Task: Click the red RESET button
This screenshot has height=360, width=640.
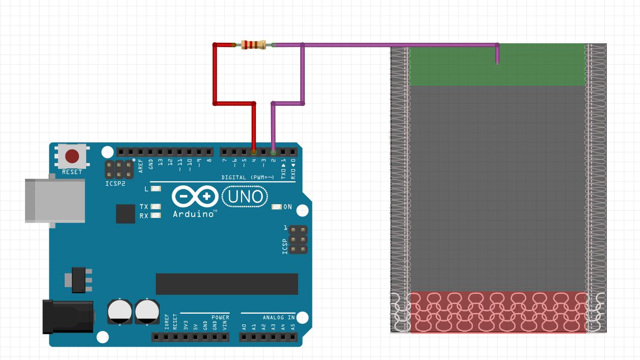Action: [x=72, y=156]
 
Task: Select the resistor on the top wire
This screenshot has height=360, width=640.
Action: [x=253, y=45]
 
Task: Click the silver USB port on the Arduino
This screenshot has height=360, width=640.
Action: [x=55, y=200]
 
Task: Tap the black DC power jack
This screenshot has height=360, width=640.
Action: [x=68, y=316]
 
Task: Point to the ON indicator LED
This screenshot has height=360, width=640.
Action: [x=277, y=207]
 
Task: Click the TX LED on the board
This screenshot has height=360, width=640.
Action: [x=155, y=207]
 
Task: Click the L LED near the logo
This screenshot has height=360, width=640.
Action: [x=155, y=189]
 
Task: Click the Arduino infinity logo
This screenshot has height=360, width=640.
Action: [x=195, y=197]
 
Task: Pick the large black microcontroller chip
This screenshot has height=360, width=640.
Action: [x=227, y=284]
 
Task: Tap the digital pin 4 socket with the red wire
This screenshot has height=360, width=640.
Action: [x=254, y=152]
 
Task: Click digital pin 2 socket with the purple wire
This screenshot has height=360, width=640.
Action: [x=273, y=152]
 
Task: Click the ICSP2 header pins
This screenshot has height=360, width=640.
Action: [x=119, y=169]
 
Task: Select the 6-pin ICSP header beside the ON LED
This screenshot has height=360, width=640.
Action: [x=298, y=240]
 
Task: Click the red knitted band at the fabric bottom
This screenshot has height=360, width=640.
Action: [x=497, y=312]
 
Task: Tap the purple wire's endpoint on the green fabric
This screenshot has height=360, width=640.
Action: [x=497, y=65]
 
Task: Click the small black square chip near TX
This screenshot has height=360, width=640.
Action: [x=125, y=214]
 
